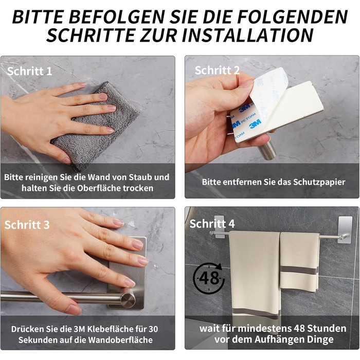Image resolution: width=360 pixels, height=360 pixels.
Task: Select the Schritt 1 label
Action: (30, 71)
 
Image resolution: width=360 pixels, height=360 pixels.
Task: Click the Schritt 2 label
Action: (217, 70)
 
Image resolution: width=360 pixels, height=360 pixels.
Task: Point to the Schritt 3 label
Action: (27, 225)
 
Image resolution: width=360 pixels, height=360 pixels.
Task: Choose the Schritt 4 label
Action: (212, 224)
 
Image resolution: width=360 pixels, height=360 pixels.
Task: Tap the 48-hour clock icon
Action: (208, 278)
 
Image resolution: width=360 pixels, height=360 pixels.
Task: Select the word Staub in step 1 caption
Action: (140, 177)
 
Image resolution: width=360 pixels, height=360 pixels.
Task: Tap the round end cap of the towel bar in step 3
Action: (128, 300)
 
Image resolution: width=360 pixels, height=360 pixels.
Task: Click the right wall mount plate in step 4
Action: (345, 229)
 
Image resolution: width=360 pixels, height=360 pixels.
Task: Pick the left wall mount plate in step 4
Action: (219, 225)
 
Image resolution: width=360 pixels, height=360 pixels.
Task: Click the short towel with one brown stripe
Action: (299, 262)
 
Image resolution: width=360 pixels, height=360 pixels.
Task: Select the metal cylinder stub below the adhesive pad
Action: (266, 150)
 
